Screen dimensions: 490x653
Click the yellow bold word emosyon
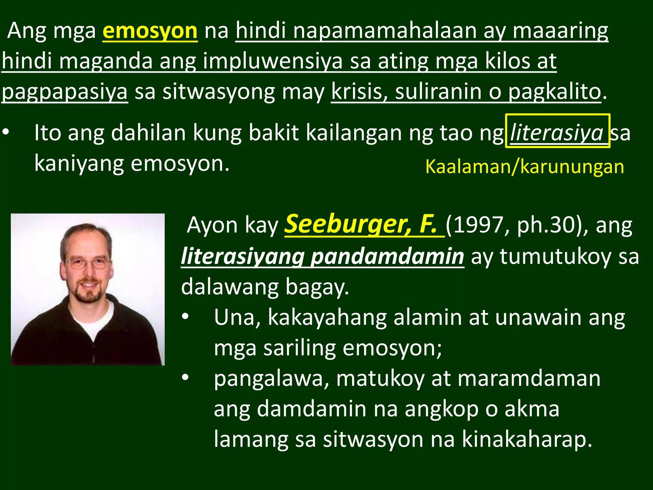coord(150,31)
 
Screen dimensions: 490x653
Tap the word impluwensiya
coord(273,61)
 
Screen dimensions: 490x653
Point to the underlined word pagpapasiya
coord(65,92)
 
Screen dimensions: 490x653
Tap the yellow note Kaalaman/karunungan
coord(525,167)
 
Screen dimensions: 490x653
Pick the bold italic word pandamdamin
coord(387,256)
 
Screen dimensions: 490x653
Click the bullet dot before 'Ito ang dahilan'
coord(6,132)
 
